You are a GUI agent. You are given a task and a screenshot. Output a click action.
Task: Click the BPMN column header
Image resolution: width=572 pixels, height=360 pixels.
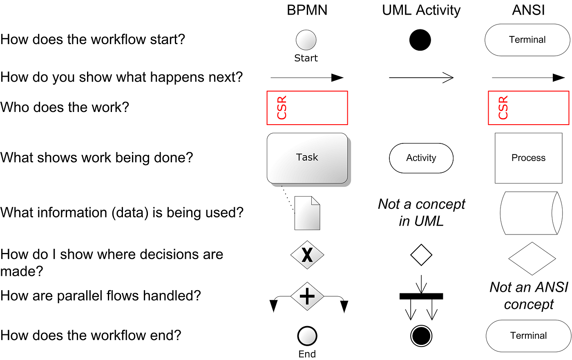point(307,10)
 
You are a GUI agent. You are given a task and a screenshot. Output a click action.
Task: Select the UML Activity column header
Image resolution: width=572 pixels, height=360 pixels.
point(421,10)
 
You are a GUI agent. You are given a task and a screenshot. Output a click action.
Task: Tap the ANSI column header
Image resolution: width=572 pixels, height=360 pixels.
point(528,10)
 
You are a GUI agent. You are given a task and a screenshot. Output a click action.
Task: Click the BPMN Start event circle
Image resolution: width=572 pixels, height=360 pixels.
point(306,40)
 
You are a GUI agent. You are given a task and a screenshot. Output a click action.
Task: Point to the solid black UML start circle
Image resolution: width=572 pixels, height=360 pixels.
point(420,40)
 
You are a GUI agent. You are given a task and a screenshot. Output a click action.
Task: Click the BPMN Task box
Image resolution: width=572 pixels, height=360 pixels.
point(307,158)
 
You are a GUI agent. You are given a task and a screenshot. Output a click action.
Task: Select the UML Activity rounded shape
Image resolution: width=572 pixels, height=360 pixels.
point(421,158)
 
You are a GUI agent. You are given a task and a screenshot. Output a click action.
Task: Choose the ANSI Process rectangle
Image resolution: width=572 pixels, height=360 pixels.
point(528,158)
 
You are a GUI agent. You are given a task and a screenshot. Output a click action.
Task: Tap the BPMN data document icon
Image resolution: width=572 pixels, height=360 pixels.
point(307,213)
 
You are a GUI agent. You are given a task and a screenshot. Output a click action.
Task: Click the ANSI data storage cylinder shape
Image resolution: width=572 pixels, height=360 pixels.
point(529,213)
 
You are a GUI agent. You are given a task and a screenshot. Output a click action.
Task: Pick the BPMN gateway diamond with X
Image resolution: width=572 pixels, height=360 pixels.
point(307,255)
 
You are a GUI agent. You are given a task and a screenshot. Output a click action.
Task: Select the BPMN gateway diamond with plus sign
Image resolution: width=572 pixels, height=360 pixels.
point(307,296)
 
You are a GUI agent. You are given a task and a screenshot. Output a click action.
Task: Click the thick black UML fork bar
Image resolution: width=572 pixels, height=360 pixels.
point(421,296)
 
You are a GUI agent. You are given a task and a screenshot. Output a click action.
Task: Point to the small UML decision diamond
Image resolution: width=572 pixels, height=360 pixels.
point(421,255)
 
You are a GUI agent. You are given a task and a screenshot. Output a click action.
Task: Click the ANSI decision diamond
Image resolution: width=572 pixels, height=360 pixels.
point(532,259)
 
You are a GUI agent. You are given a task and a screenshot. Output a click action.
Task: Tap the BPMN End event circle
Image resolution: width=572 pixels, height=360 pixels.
point(307,336)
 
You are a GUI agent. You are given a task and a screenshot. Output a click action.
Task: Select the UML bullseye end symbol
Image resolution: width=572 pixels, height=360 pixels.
point(421,336)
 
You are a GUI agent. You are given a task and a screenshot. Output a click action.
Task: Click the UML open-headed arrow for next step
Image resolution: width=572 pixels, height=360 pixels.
point(421,78)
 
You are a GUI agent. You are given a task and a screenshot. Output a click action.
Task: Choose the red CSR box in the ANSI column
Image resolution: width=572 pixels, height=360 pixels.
point(528,108)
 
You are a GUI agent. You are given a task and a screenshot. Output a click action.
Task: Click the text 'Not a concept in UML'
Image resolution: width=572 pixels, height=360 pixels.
point(421,212)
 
